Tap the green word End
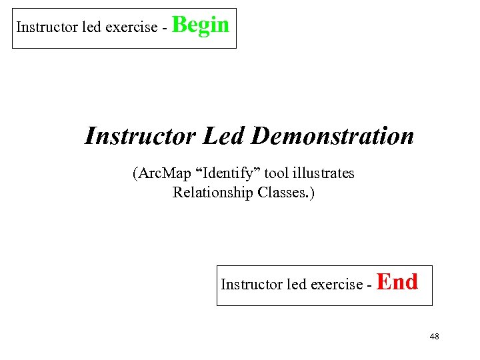point(397,283)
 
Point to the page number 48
point(434,337)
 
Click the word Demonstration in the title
point(333,137)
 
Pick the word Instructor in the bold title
point(141,137)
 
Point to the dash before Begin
point(165,28)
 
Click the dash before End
point(369,285)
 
